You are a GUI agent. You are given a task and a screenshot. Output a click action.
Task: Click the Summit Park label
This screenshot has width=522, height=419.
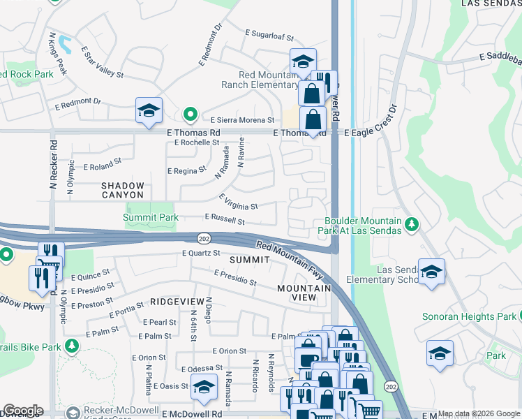150,218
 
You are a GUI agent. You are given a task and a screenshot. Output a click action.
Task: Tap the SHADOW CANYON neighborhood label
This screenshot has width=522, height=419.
123,191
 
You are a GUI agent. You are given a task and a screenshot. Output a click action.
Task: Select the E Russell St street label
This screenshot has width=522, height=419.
224,221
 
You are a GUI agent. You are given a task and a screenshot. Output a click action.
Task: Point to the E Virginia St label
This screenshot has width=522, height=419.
239,203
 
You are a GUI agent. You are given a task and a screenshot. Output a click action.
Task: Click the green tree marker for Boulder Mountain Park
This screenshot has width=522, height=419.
412,223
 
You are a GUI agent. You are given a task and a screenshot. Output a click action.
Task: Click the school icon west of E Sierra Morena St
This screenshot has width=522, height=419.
149,111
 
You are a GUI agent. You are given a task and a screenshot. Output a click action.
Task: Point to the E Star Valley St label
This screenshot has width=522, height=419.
102,62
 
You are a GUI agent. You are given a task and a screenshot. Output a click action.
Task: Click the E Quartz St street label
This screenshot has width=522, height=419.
201,253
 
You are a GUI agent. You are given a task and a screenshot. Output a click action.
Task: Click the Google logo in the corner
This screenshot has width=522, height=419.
23,411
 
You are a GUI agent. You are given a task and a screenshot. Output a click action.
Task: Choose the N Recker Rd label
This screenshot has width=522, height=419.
53,168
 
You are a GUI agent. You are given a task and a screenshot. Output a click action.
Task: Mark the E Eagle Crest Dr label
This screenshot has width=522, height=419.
370,124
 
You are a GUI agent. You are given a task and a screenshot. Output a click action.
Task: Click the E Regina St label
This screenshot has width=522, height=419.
187,170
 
